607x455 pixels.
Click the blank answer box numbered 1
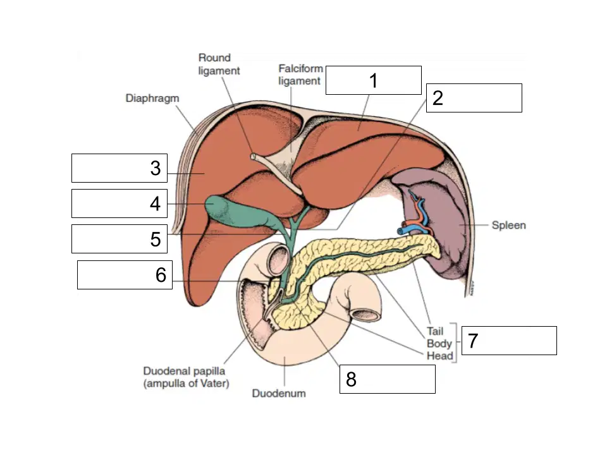374,80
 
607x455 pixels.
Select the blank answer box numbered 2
474,98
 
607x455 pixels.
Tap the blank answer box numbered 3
120,168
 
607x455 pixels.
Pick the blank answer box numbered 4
120,203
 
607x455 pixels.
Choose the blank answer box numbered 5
120,239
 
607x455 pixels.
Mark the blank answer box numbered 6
125,275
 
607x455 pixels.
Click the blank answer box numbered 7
509,341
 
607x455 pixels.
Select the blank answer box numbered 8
387,379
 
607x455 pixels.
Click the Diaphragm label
152,99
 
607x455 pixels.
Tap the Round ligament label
219,64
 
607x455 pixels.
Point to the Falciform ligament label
300,75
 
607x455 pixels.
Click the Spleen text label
508,225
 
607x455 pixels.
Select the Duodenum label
279,394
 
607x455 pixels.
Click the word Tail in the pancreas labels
435,331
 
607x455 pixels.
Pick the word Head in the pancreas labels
440,356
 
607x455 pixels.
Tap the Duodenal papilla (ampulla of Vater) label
186,377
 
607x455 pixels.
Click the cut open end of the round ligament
253,156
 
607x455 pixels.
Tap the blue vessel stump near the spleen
401,231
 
